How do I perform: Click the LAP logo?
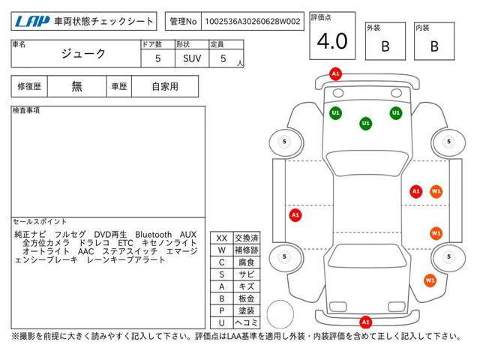coord(32,22)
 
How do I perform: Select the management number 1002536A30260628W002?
coord(253,22)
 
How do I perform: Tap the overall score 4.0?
coord(332,41)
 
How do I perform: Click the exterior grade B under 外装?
coord(385,46)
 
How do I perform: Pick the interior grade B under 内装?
coord(434,46)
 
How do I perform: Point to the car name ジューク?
coord(83,54)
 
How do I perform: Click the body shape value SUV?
coord(192,58)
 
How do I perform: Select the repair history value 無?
coord(76,87)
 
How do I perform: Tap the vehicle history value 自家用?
coord(165,87)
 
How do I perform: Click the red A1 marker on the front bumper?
coord(335,73)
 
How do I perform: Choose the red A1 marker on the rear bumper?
coord(365,322)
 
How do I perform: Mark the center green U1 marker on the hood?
coord(365,123)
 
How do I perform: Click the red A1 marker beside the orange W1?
coord(416,192)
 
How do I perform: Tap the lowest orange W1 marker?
coord(430,280)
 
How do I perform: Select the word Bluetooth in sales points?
coord(153,235)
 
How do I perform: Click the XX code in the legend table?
coord(222,238)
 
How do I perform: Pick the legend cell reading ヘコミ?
coord(247,322)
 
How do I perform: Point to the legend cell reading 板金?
coord(247,298)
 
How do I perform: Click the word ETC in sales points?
coord(125,243)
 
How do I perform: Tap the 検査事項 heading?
coord(26,110)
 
